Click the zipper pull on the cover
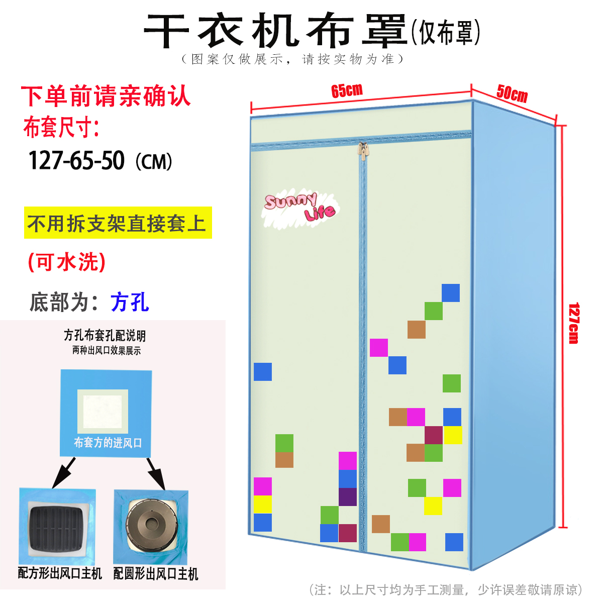coord(362,150)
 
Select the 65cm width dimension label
coord(347,90)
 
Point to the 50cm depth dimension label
coord(512,93)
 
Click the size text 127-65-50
coord(76,161)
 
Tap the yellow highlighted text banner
coord(118,223)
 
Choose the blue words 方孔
coord(130,302)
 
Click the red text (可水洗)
coord(67,262)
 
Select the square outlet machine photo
coord(57,526)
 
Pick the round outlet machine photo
coord(151,526)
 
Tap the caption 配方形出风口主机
coord(60,573)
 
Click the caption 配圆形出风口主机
coord(156,573)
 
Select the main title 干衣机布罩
coord(275,31)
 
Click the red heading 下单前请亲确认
coord(106,96)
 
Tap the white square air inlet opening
coord(103,411)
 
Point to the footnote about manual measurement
coord(446,589)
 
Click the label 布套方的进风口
coord(108,443)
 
